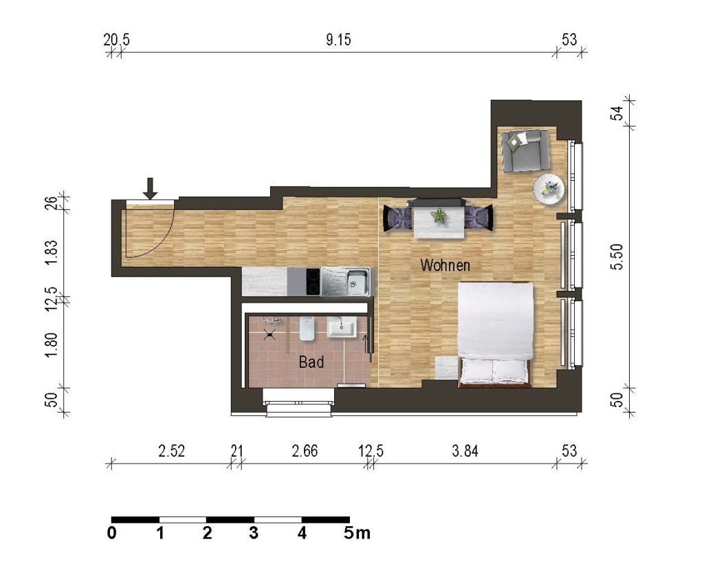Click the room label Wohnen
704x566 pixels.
tap(445, 265)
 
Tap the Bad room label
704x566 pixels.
tap(311, 362)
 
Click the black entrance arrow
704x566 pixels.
tap(151, 188)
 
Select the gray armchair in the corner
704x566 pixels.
tap(525, 151)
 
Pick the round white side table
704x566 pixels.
tap(549, 189)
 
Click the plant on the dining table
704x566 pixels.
tap(438, 216)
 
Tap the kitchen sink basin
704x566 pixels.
tap(357, 281)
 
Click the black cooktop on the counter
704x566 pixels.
tap(313, 282)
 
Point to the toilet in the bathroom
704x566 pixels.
tap(307, 328)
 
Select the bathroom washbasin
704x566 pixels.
tap(341, 327)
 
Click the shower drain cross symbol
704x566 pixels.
tap(269, 334)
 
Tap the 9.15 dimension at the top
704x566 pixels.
tap(338, 40)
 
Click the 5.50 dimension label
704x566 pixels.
tap(617, 257)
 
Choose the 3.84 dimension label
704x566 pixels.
tap(465, 450)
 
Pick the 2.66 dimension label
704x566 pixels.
tap(305, 450)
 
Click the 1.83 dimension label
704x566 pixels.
tap(52, 253)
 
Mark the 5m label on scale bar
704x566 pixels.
tap(357, 533)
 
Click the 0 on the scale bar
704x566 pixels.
tap(112, 533)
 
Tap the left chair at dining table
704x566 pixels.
tap(397, 218)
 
